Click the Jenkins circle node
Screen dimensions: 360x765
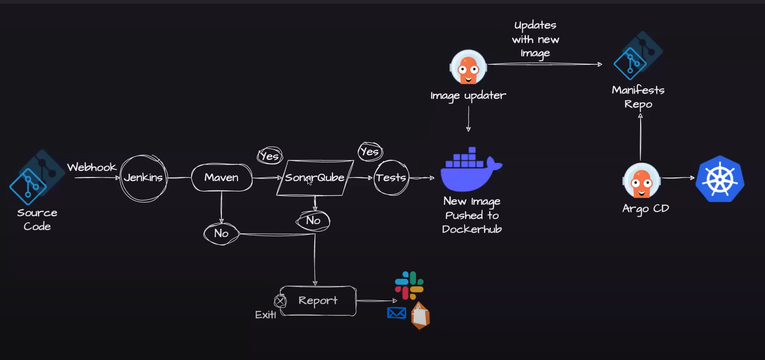pyautogui.click(x=143, y=178)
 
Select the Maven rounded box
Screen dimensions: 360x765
pyautogui.click(x=221, y=177)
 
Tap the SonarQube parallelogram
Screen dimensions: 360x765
pyautogui.click(x=315, y=178)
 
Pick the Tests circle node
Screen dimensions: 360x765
pyautogui.click(x=391, y=178)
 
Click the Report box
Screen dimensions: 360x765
pyautogui.click(x=318, y=301)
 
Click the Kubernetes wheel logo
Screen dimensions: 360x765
pyautogui.click(x=720, y=179)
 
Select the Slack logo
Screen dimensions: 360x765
pyautogui.click(x=409, y=285)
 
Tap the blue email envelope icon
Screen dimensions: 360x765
pyautogui.click(x=397, y=313)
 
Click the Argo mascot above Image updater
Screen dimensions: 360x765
pyautogui.click(x=468, y=67)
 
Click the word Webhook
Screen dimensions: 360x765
pyautogui.click(x=92, y=167)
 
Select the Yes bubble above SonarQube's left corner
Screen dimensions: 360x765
pyautogui.click(x=270, y=156)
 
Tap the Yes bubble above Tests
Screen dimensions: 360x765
pyautogui.click(x=370, y=152)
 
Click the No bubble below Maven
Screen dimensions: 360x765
pyautogui.click(x=221, y=233)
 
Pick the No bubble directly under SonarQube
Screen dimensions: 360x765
pyautogui.click(x=313, y=220)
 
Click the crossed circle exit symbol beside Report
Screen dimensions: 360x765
pyautogui.click(x=280, y=301)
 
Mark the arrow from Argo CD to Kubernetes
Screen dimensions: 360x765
pyautogui.click(x=678, y=177)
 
